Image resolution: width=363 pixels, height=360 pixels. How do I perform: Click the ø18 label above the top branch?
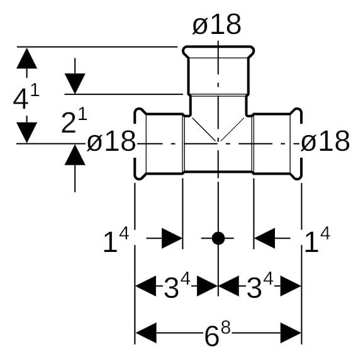216,25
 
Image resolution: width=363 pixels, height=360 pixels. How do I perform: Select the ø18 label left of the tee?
111,141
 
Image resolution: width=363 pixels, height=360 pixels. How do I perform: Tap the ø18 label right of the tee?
325,141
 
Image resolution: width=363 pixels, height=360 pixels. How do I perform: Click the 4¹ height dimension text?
26,96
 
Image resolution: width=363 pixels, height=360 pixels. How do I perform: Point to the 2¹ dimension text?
74,121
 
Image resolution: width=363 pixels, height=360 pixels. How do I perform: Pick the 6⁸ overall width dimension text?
218,334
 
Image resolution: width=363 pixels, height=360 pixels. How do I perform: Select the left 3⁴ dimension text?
177,285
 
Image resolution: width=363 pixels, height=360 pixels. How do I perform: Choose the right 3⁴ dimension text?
260,285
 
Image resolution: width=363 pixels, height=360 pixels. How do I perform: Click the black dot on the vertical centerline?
218,238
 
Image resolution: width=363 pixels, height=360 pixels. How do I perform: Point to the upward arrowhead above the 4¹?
27,58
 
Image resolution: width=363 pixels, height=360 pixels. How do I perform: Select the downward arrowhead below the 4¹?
27,133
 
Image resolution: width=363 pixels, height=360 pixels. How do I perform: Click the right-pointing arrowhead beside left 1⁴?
172,238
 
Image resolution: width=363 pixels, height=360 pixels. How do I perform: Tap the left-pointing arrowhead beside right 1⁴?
264,238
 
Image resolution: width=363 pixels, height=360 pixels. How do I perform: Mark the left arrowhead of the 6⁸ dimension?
146,333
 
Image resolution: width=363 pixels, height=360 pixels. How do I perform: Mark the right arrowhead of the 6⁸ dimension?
291,333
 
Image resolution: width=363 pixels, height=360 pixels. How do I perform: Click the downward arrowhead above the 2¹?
75,84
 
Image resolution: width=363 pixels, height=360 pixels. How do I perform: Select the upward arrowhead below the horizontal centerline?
75,155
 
